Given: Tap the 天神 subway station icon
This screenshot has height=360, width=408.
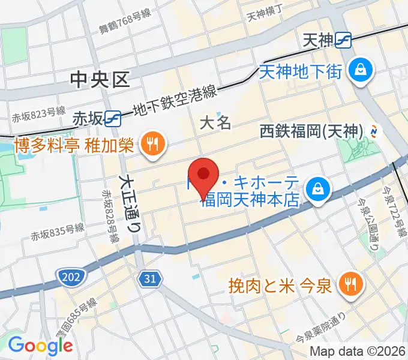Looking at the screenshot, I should (344, 40).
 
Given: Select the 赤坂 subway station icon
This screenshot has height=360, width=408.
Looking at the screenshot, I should (113, 118).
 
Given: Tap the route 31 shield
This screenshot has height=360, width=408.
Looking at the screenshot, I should (151, 277).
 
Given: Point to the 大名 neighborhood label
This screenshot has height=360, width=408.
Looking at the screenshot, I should (215, 123).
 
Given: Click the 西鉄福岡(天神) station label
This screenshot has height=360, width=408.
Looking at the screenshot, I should (313, 130).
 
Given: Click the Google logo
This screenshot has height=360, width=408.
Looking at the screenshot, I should (40, 345).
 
